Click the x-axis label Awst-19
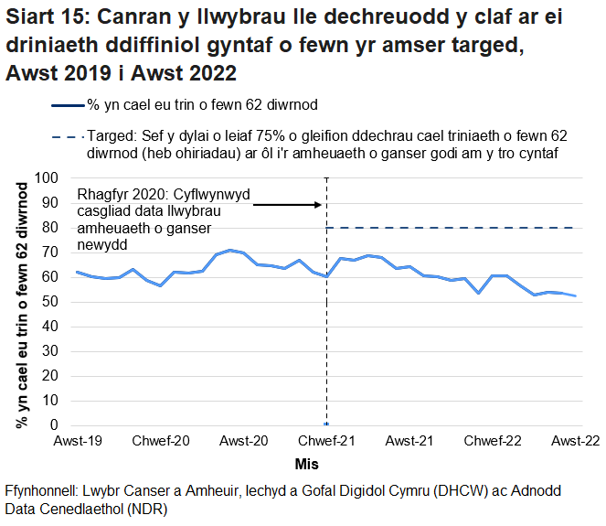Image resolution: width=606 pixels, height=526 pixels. click(77, 442)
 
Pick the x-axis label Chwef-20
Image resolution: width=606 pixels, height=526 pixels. click(161, 442)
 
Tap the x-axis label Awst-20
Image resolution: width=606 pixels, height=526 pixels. click(244, 442)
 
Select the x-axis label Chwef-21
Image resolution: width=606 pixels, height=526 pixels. click(326, 442)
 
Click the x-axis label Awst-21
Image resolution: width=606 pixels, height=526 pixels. click(409, 442)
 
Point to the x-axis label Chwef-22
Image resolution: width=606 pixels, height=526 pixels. click(493, 442)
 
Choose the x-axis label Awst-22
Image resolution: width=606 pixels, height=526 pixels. click(575, 442)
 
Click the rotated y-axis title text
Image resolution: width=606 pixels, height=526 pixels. click(21, 301)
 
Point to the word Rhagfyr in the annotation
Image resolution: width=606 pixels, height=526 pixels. click(104, 195)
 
